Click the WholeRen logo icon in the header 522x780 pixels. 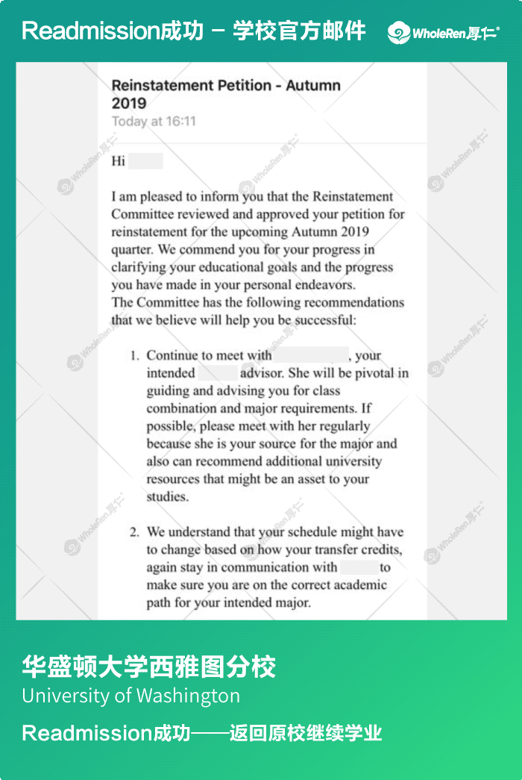click(399, 32)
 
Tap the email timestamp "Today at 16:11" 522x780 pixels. click(154, 121)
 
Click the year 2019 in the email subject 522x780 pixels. click(129, 103)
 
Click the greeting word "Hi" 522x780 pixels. click(119, 161)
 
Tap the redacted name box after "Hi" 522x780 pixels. click(145, 161)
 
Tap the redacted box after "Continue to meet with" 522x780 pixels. click(311, 355)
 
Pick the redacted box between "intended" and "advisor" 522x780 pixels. click(218, 373)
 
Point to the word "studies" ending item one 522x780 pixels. click(166, 496)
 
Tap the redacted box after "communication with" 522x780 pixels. click(359, 567)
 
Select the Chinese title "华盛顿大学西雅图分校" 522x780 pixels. click(149, 666)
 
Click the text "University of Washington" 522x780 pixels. click(131, 696)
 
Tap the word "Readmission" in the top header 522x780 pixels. click(86, 31)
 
